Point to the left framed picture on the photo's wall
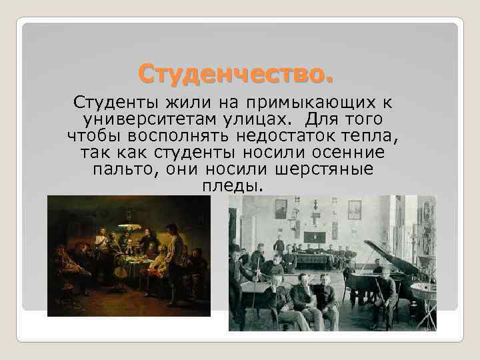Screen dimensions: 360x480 coord(281,208)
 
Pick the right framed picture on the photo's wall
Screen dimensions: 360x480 coord(354,209)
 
